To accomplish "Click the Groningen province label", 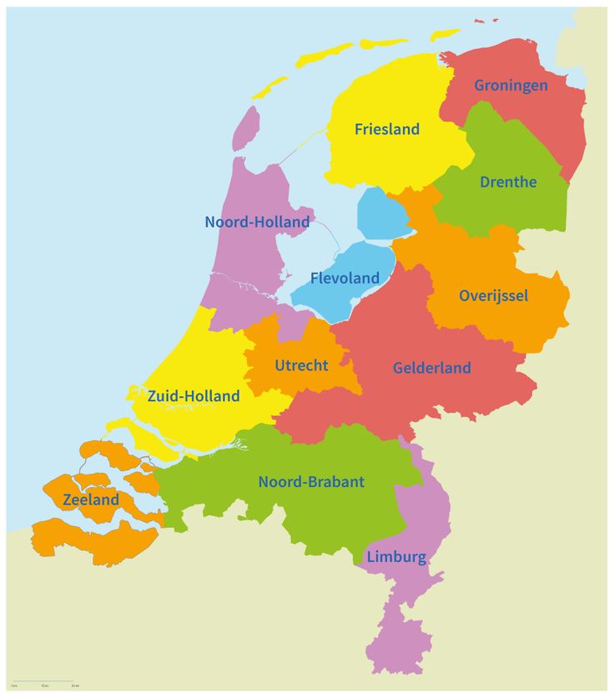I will click(511, 85).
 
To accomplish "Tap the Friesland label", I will click(386, 129).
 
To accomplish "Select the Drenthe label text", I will click(508, 182).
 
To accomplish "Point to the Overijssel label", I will click(493, 296).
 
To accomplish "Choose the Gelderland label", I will click(431, 368).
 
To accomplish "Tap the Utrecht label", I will click(301, 365).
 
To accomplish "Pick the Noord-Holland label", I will click(257, 222).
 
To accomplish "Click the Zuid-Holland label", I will click(193, 396).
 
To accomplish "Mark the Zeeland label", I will click(91, 500).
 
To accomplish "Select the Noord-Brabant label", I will click(311, 482).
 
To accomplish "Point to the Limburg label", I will click(396, 557).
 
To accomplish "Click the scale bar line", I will click(42, 681).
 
